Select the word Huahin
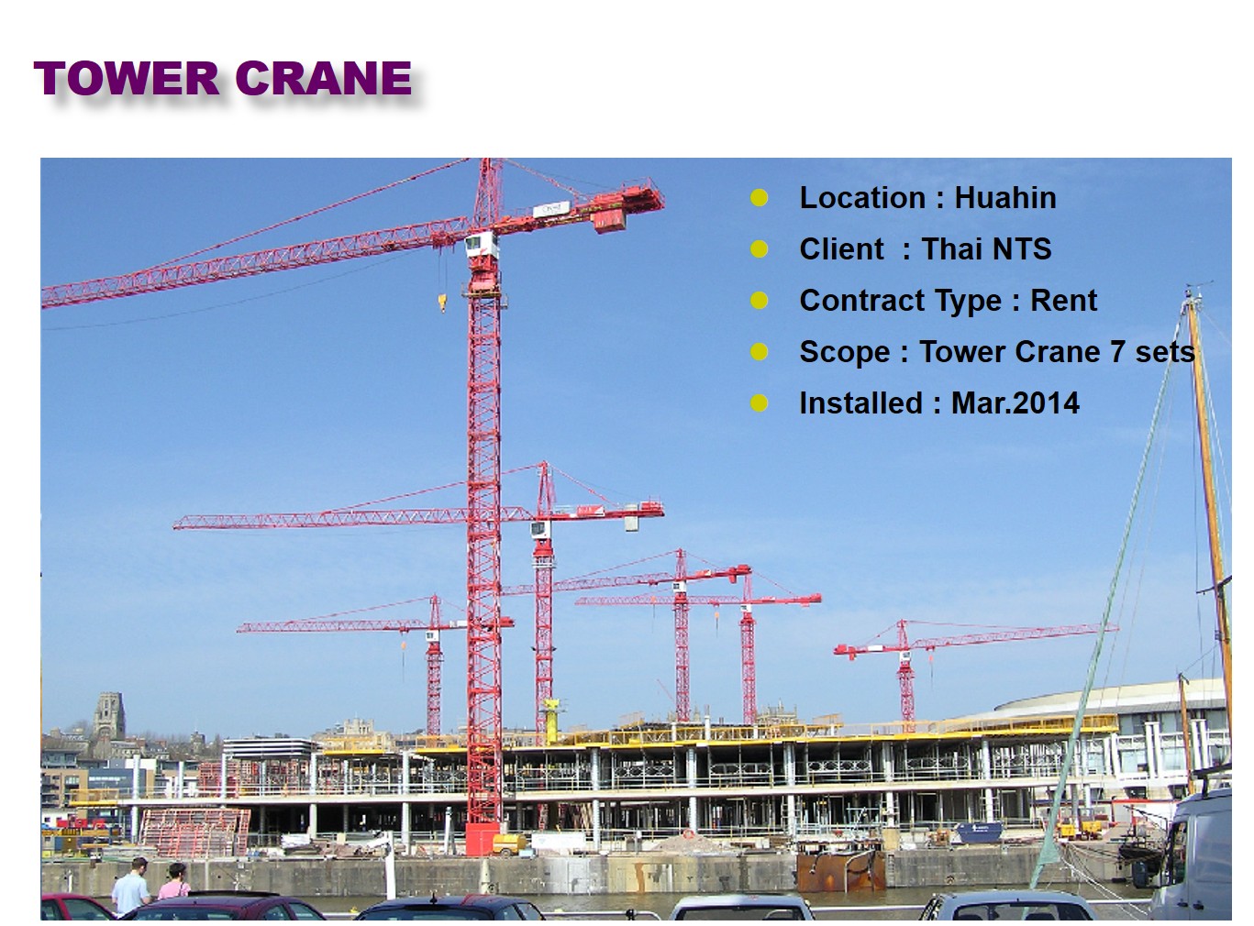click(x=1005, y=198)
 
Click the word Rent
click(x=1063, y=300)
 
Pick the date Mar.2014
click(x=1015, y=403)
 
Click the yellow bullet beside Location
click(x=759, y=198)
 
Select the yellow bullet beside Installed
click(x=759, y=403)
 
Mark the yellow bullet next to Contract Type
click(x=759, y=300)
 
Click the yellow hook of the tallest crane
click(x=442, y=303)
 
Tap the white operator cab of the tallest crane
click(x=481, y=245)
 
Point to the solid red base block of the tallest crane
click(x=482, y=838)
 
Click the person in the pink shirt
click(x=174, y=881)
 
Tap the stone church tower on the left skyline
click(x=109, y=716)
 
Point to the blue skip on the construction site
click(x=979, y=832)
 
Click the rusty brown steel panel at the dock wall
click(x=841, y=871)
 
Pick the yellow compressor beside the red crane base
click(x=509, y=844)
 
